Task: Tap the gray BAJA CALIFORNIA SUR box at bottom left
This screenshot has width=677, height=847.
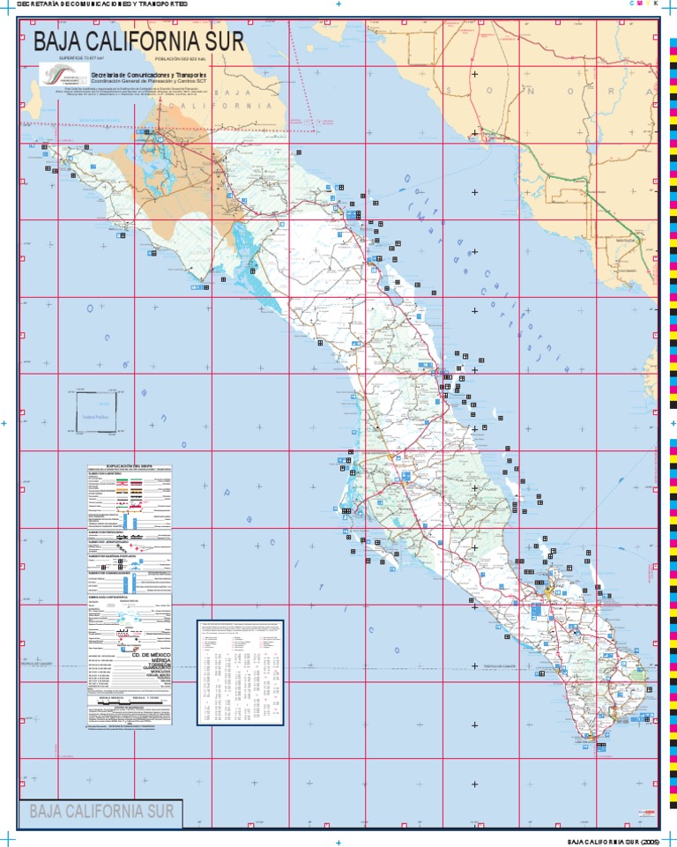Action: (x=101, y=811)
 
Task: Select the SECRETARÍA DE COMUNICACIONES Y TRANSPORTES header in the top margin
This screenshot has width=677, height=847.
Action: (x=96, y=4)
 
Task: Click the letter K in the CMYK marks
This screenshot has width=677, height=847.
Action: (x=656, y=4)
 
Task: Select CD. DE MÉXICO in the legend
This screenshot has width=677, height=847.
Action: (x=148, y=655)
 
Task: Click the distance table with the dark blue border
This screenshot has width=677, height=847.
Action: (x=241, y=672)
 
